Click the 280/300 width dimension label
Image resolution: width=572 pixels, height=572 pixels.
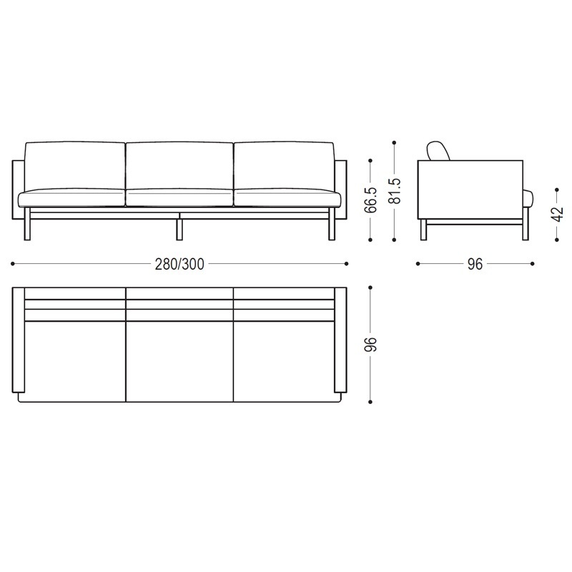tap(179, 264)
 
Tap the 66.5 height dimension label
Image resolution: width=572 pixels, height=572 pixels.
tap(370, 201)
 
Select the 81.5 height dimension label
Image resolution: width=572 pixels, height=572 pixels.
tap(394, 192)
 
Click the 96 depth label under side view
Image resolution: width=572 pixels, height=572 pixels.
tap(475, 264)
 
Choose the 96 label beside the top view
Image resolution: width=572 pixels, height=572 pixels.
tap(370, 345)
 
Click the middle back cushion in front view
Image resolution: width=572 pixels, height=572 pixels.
tap(179, 164)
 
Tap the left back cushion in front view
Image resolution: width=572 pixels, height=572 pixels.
tap(75, 164)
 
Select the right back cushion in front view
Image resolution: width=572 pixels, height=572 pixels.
tap(283, 164)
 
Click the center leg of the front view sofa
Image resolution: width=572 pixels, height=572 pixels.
tap(179, 228)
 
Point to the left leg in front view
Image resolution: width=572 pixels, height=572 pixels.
tap(27, 226)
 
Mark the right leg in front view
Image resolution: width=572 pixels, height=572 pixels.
tap(331, 226)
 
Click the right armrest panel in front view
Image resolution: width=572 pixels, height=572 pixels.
tap(341, 189)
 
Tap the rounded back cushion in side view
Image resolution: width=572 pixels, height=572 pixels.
tap(438, 150)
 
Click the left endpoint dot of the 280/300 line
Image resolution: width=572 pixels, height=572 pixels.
tap(13, 264)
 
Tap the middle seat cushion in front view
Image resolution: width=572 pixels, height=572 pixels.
tap(179, 197)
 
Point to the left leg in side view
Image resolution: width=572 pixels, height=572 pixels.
tap(423, 230)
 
